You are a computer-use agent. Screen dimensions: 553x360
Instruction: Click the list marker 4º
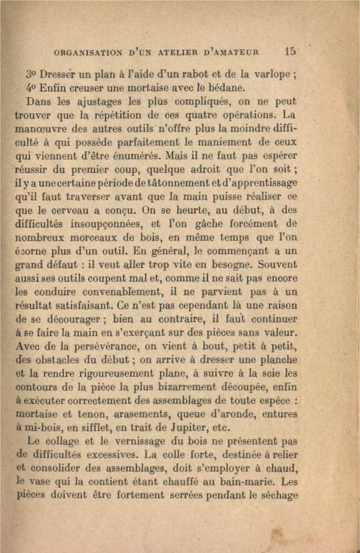point(31,88)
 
